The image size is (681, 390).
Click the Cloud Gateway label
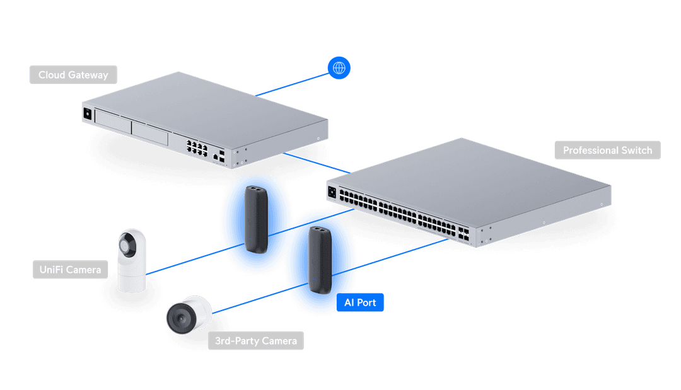point(73,75)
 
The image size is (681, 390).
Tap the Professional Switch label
point(607,151)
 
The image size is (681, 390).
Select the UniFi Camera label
point(69,270)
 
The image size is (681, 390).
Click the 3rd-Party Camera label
point(255,341)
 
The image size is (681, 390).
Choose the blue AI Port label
point(360,303)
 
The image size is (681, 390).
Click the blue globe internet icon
point(339,67)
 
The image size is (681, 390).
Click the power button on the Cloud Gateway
point(87,114)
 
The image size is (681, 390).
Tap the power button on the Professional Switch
point(332,190)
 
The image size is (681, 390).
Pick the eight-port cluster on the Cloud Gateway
point(198,147)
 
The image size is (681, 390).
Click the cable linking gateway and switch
point(315,163)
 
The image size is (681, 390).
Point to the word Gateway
point(88,75)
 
